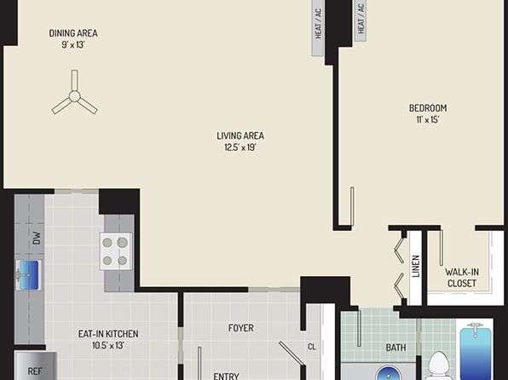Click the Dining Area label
(x=73, y=33)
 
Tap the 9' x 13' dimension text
(x=73, y=44)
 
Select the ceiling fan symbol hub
(x=74, y=96)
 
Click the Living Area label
(x=240, y=135)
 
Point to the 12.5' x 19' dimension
(x=240, y=147)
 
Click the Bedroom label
(x=428, y=108)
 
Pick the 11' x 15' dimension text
(x=428, y=120)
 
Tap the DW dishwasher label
(x=37, y=238)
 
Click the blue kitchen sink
(x=28, y=275)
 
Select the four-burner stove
(x=116, y=251)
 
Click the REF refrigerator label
(x=35, y=371)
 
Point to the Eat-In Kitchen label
(x=108, y=334)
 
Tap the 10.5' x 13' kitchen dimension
(x=108, y=345)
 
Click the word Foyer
(x=241, y=328)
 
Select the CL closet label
(x=312, y=347)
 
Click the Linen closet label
(x=416, y=267)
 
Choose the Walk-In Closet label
(x=462, y=278)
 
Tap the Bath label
(x=395, y=348)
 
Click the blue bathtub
(x=476, y=351)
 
